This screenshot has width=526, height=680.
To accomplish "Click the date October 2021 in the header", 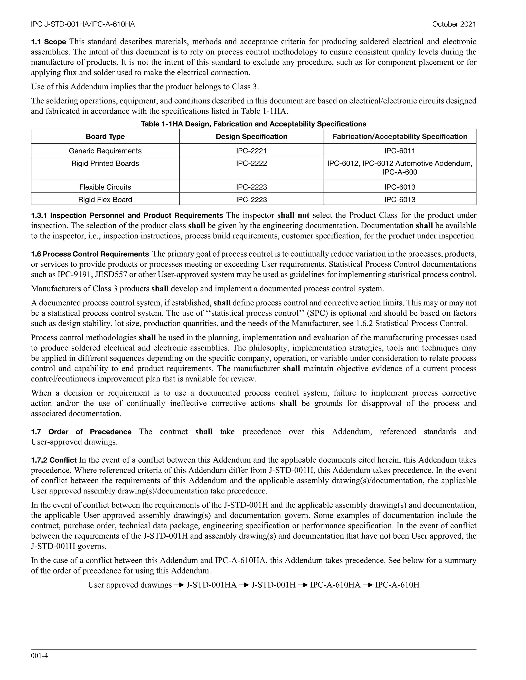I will [x=454, y=24].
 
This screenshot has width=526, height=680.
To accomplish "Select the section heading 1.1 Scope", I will [x=48, y=42].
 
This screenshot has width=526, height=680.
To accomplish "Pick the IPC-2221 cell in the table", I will [x=251, y=151].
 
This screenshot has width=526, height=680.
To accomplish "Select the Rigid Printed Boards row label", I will [x=105, y=163].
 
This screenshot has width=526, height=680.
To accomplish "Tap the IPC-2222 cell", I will [x=251, y=163].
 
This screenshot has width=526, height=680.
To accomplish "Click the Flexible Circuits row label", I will [x=105, y=187].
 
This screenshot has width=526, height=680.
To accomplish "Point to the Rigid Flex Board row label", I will [x=105, y=200].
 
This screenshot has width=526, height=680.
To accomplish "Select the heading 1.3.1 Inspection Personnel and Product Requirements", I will [x=127, y=216].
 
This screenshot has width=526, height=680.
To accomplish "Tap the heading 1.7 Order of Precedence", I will [x=81, y=432].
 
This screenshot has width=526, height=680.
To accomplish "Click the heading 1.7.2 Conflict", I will [x=54, y=460].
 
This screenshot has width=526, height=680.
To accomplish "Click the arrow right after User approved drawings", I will [x=179, y=585].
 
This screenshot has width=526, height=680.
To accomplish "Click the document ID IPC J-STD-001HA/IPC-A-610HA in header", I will [x=83, y=24].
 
